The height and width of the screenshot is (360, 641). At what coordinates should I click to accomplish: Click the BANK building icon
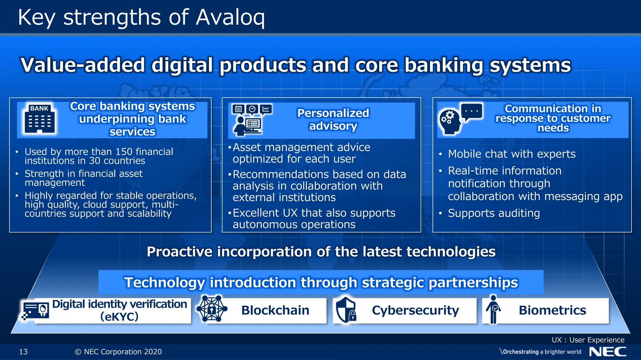coord(39,119)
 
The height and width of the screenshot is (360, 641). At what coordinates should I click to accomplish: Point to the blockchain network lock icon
coord(212,309)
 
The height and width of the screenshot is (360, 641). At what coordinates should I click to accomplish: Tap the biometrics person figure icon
coord(493,309)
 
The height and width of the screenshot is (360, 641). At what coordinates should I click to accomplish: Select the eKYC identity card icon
coord(36,311)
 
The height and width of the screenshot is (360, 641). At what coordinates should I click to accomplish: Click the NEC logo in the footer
coord(608,352)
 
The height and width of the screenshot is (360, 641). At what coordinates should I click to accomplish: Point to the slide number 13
coord(23,352)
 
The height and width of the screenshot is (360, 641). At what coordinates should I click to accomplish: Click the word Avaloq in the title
coord(230,17)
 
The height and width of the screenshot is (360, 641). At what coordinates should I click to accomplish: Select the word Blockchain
coord(275,310)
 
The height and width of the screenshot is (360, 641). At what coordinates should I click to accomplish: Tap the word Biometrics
coord(552,310)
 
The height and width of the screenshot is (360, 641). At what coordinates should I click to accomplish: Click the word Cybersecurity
coord(415,310)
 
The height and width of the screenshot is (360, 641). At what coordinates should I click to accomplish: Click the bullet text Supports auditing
coord(494,213)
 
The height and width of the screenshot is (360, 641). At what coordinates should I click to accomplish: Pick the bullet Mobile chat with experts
coord(512,154)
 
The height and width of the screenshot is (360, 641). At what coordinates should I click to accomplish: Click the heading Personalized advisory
coord(333,119)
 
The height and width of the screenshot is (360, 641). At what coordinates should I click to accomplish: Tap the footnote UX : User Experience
coord(588,340)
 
